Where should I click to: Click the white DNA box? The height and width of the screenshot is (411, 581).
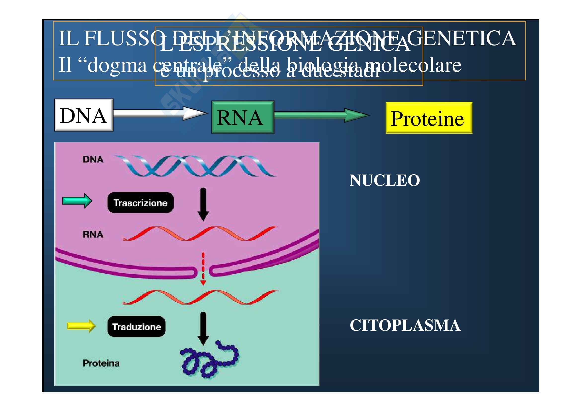pyautogui.click(x=84, y=115)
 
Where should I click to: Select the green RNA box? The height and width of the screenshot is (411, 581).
pyautogui.click(x=243, y=117)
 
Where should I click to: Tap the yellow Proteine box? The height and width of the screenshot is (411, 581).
pyautogui.click(x=429, y=118)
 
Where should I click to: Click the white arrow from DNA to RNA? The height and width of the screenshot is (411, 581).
pyautogui.click(x=159, y=113)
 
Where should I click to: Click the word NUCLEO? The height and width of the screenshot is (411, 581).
pyautogui.click(x=384, y=180)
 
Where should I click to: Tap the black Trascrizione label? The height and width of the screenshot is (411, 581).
pyautogui.click(x=140, y=203)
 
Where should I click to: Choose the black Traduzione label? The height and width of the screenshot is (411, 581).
pyautogui.click(x=136, y=327)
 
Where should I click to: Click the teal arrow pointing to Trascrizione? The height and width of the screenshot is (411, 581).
pyautogui.click(x=77, y=201)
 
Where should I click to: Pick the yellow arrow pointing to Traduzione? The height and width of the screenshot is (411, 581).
pyautogui.click(x=81, y=326)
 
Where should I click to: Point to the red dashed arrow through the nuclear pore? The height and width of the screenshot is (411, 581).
pyautogui.click(x=203, y=269)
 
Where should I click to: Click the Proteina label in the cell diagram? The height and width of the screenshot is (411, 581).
pyautogui.click(x=101, y=363)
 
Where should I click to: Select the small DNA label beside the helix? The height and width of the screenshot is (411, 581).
pyautogui.click(x=93, y=160)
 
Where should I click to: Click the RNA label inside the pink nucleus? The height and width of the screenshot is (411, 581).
pyautogui.click(x=93, y=234)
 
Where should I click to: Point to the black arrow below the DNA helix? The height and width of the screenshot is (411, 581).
pyautogui.click(x=203, y=204)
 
